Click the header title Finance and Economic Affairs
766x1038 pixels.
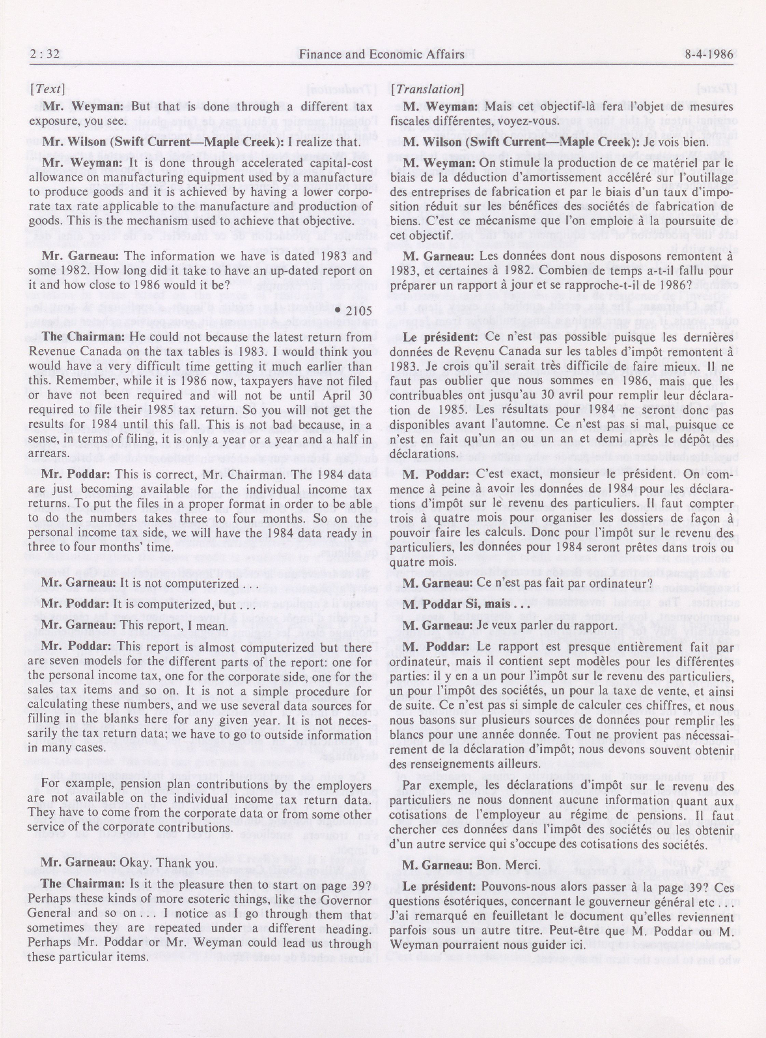pyautogui.click(x=381, y=55)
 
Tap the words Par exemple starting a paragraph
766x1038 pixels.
pyautogui.click(x=433, y=786)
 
